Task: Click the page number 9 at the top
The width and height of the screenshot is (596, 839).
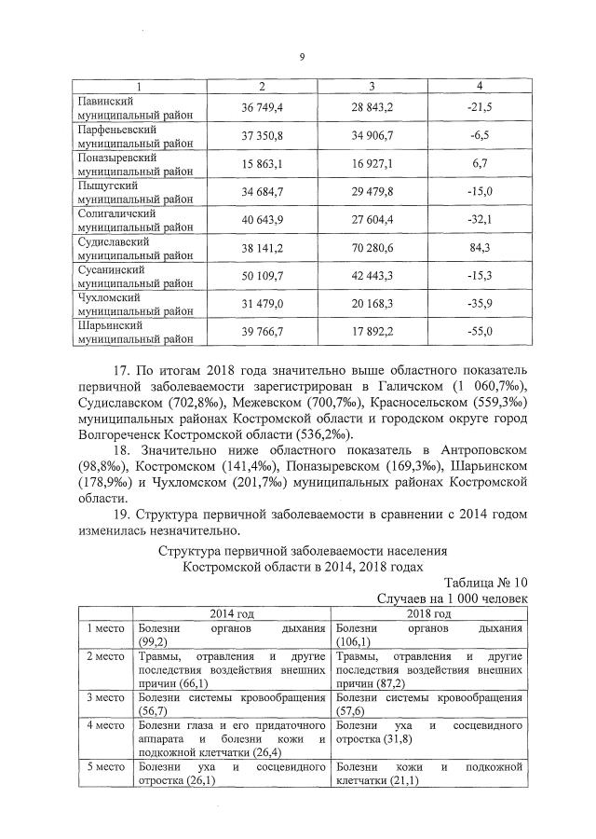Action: click(x=302, y=58)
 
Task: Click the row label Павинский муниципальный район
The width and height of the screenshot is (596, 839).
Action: click(x=135, y=108)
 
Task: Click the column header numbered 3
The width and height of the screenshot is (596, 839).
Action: click(x=371, y=86)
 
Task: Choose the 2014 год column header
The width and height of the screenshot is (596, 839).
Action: click(x=234, y=613)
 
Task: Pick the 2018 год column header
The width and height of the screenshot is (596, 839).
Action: click(x=427, y=613)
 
